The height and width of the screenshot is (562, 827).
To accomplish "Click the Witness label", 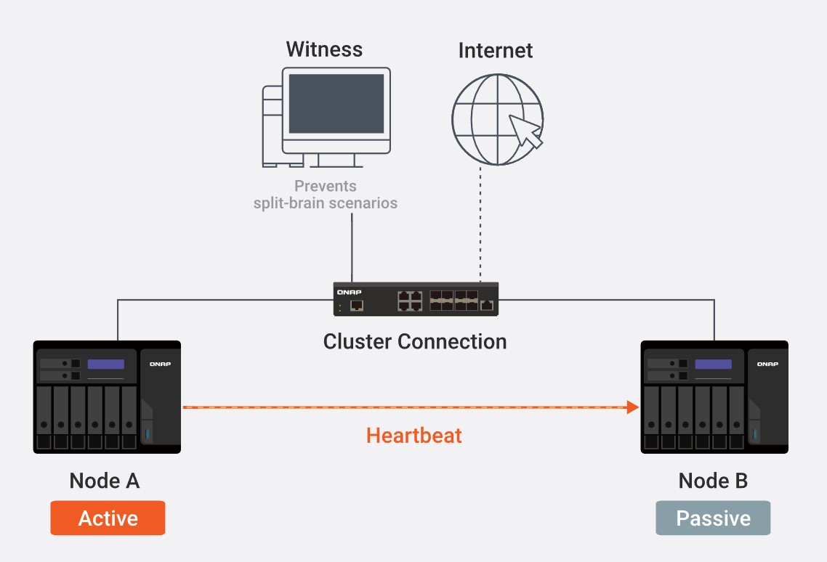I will (x=324, y=49).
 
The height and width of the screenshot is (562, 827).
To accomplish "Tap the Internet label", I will (x=495, y=50).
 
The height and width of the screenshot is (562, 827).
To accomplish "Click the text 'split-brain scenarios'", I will (x=326, y=203).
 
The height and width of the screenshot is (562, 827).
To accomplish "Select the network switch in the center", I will (x=416, y=298).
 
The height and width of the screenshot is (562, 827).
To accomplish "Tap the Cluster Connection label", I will (x=415, y=341).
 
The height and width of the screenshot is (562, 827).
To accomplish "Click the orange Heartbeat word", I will (x=414, y=436).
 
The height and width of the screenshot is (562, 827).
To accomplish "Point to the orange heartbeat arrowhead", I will (x=632, y=408).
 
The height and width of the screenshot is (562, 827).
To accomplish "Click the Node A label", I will (x=105, y=481).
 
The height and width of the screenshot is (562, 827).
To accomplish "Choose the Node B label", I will (x=713, y=481).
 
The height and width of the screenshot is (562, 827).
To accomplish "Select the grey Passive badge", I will (x=713, y=518).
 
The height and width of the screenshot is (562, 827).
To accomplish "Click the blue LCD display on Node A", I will (x=106, y=364).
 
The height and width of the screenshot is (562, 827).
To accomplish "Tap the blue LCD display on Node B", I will (x=713, y=364).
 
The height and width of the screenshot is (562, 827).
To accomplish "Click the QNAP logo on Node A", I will (x=160, y=363).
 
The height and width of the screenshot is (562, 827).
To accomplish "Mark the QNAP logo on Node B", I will (x=767, y=363).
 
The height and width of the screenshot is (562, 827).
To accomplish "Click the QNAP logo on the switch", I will (x=345, y=292).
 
